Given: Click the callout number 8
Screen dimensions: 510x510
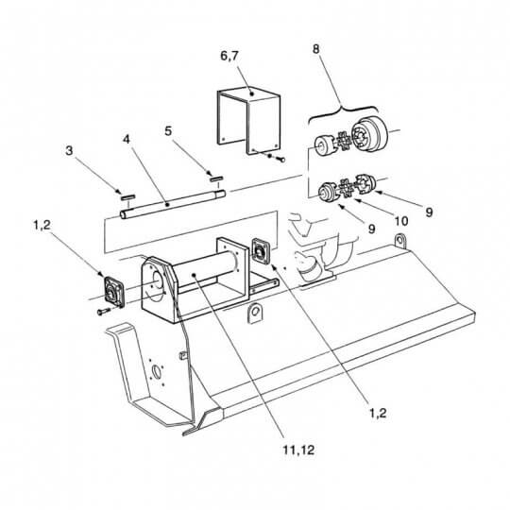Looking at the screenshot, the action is (x=315, y=49).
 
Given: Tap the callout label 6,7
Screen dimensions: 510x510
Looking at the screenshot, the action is (x=229, y=56).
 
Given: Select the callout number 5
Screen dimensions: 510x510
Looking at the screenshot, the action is (x=168, y=131).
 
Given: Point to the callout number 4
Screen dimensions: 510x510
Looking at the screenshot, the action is (x=127, y=139).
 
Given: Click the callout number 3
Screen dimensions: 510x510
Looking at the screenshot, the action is (x=69, y=150).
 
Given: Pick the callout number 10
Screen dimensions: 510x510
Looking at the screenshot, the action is (x=401, y=221).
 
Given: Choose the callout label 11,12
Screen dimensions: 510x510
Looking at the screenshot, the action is (x=298, y=450).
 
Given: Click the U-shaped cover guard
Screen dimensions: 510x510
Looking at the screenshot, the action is (x=248, y=122).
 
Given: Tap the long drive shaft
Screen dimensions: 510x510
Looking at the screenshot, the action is (x=173, y=204).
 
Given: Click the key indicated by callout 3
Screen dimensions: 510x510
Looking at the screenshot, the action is (x=127, y=196).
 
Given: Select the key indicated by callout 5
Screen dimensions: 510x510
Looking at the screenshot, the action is (x=216, y=178).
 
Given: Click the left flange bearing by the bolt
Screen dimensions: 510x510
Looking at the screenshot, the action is (x=113, y=291).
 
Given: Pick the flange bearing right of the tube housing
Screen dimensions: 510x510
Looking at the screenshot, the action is (x=262, y=251).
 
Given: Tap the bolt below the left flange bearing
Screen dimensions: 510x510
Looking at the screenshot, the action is (x=104, y=312).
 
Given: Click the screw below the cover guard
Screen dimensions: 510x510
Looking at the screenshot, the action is (x=281, y=160).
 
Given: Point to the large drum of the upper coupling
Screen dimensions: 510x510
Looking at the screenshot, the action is (x=371, y=133).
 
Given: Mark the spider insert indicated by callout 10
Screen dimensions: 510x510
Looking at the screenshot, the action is (x=346, y=188).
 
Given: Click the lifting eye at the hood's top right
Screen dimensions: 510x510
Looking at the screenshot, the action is (x=400, y=241).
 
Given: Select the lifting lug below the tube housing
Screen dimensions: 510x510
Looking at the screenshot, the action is (x=256, y=313).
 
